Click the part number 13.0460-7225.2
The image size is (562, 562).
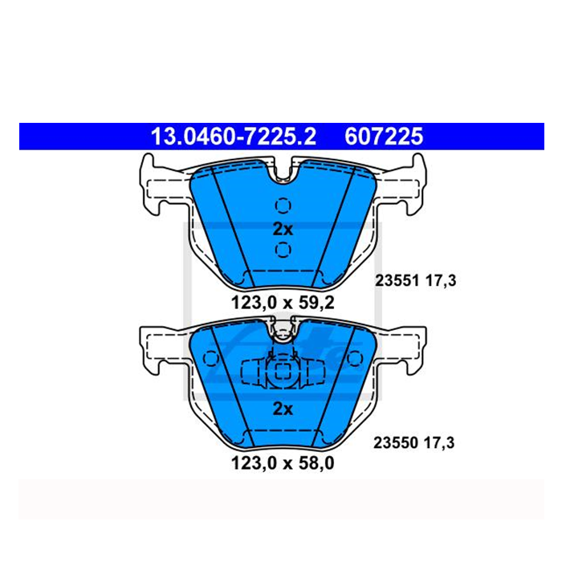(x=234, y=136)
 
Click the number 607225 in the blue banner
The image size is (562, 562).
(x=384, y=136)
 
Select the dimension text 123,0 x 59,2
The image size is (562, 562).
(x=283, y=303)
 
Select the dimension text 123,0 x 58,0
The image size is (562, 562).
(x=283, y=463)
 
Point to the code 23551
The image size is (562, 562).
(x=397, y=281)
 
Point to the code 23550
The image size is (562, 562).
(x=396, y=443)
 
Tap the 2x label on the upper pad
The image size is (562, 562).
(x=283, y=229)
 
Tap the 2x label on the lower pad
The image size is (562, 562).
(x=283, y=409)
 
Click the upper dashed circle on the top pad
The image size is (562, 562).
(x=283, y=206)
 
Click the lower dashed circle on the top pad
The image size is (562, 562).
(x=283, y=250)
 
